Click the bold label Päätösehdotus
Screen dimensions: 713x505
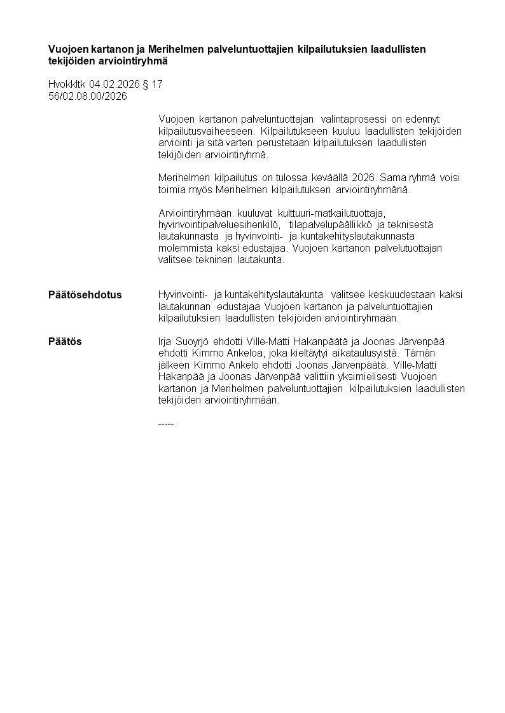[x=85, y=295]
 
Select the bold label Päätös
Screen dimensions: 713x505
[x=65, y=342]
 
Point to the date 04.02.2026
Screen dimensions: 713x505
[x=114, y=84]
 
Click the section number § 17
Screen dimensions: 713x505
[x=152, y=84]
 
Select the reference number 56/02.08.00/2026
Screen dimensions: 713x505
[x=88, y=96]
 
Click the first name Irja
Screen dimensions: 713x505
[x=165, y=342]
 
